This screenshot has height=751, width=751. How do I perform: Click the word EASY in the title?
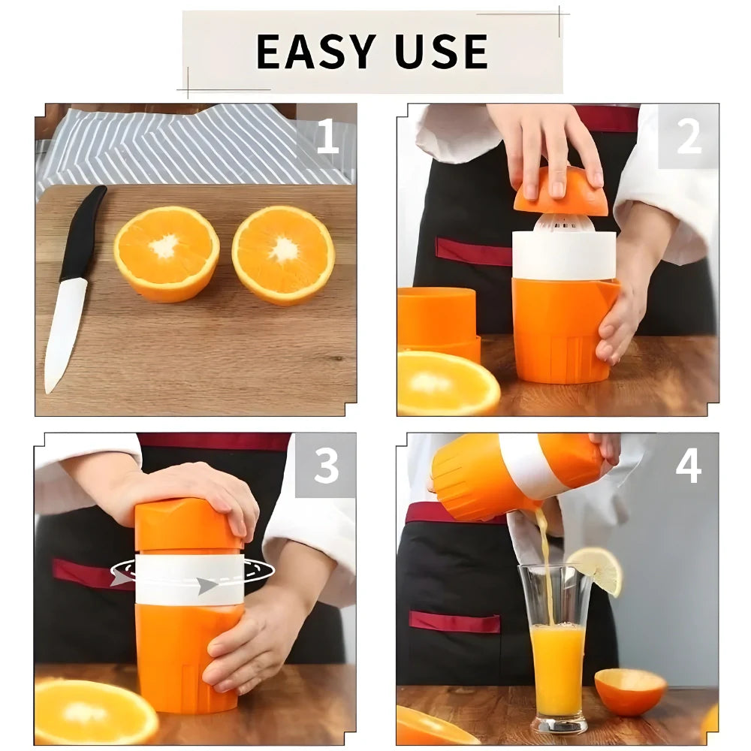[315, 51]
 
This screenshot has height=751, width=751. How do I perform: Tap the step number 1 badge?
[327, 137]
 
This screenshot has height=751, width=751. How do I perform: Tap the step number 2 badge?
[688, 137]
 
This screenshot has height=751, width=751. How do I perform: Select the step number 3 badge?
[326, 466]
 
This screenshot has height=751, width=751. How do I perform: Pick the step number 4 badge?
[688, 466]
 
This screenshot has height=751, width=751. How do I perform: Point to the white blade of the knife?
[64, 330]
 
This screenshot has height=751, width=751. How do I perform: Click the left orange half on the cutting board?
[166, 254]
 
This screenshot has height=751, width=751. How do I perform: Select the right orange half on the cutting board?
[283, 254]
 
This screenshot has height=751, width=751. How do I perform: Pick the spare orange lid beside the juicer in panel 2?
[437, 319]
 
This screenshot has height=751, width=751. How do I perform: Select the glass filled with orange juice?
[557, 661]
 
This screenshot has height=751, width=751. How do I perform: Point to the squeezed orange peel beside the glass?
[630, 691]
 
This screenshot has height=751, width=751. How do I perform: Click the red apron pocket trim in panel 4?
[454, 622]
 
